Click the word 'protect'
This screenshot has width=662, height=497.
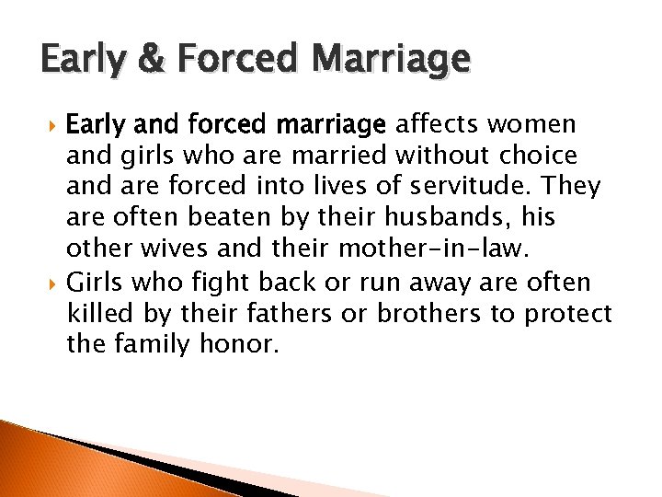click(x=568, y=314)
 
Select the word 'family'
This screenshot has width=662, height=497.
click(x=160, y=345)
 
